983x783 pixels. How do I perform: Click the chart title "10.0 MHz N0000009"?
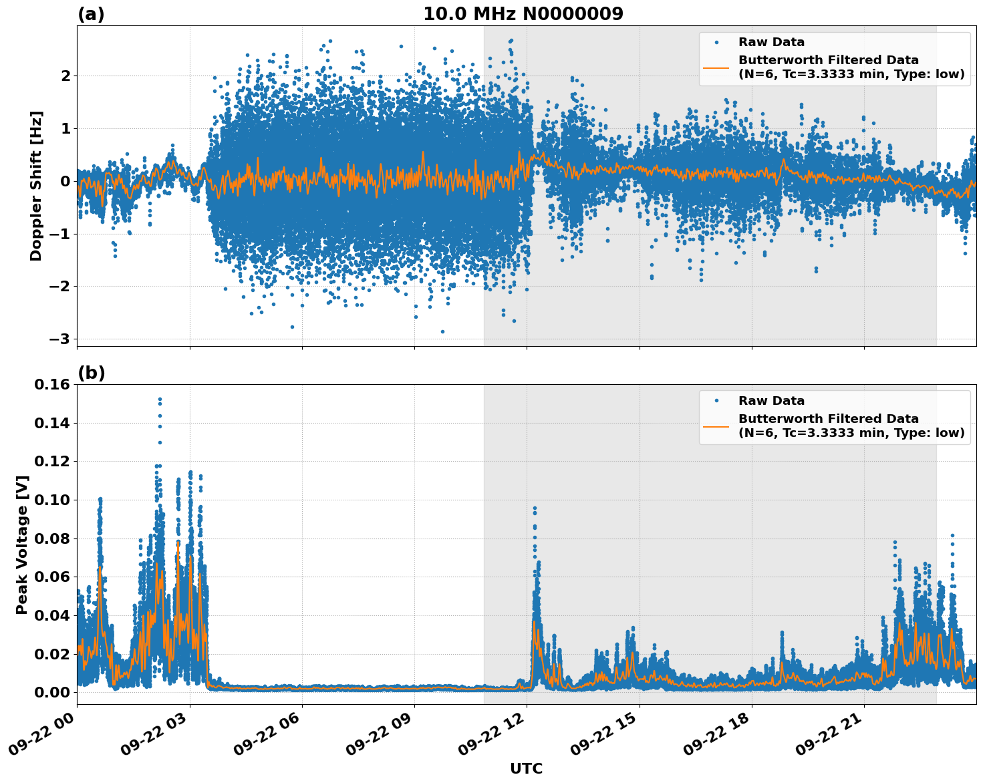pyautogui.click(x=523, y=14)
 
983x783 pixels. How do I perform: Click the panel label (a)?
pyautogui.click(x=91, y=14)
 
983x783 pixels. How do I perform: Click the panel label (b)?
pyautogui.click(x=91, y=373)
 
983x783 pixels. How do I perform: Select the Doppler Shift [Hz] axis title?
pyautogui.click(x=36, y=186)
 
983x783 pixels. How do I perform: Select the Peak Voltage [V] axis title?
pyautogui.click(x=22, y=544)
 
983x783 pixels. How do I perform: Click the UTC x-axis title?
pyautogui.click(x=526, y=768)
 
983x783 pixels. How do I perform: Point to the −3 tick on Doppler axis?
pyautogui.click(x=59, y=339)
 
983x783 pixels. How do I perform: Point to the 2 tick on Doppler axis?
pyautogui.click(x=65, y=75)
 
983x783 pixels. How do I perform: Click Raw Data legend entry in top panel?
pyautogui.click(x=771, y=42)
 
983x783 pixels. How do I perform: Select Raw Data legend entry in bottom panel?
pyautogui.click(x=771, y=401)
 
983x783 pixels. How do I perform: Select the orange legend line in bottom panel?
pyautogui.click(x=716, y=426)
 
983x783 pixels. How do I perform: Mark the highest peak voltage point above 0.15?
pyautogui.click(x=160, y=399)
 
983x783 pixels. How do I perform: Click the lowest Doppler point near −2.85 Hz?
pyautogui.click(x=442, y=331)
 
